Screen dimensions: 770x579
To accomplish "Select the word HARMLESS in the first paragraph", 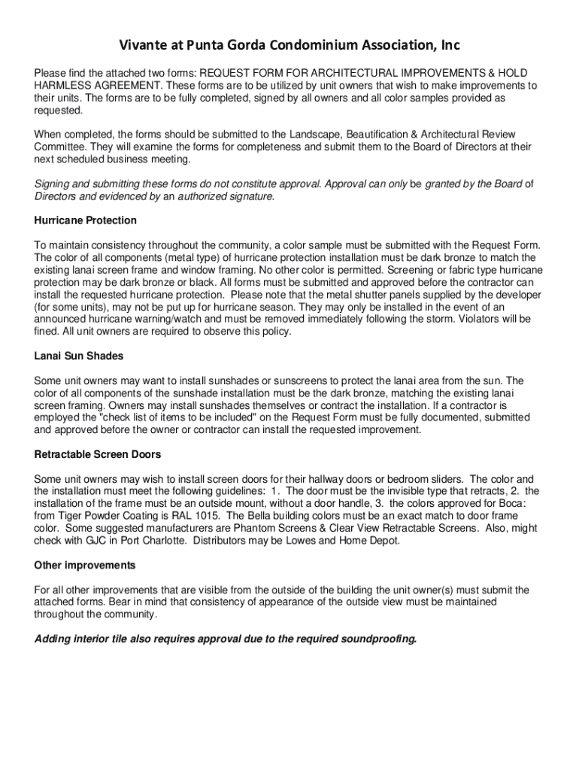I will [61, 86].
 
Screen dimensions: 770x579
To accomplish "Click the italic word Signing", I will [53, 184].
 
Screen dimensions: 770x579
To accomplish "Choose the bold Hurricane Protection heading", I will [86, 220].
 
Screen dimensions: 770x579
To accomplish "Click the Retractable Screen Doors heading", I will [98, 455].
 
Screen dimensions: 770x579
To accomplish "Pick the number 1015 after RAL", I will [207, 516].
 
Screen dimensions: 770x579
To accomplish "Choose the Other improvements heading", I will [85, 565].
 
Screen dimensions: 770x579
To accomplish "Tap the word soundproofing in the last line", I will [378, 639].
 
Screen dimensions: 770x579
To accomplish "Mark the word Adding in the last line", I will [53, 639].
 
